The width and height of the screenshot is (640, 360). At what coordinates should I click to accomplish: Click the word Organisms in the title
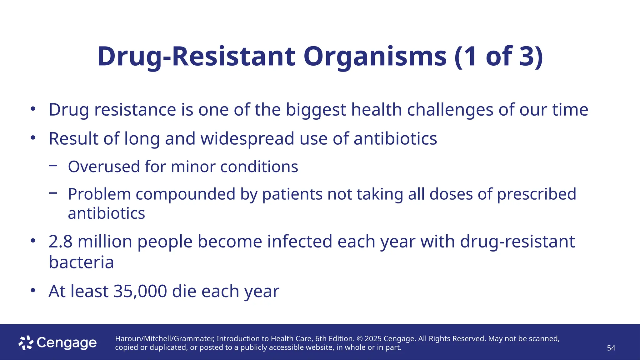pos(375,57)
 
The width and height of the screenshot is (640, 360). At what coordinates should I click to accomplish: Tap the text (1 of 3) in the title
pos(498,57)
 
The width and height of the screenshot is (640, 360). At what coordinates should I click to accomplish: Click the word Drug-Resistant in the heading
pos(196,57)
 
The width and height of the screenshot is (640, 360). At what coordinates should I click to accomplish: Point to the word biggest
pos(316,110)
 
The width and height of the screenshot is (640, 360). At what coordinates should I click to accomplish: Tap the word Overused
pos(104,167)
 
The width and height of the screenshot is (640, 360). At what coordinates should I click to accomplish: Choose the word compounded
pos(185,194)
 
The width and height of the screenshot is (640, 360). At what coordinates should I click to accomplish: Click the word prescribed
pos(536,194)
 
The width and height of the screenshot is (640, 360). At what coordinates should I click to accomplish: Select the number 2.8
pos(60,242)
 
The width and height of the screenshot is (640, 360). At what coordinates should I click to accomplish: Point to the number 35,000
pos(140,291)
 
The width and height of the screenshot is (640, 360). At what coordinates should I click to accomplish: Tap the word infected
pos(299,242)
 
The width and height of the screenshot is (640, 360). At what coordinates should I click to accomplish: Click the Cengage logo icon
pos(26,343)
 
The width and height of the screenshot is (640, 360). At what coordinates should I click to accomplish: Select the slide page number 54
pos(611,348)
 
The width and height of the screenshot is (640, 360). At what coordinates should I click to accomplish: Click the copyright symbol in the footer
pos(359,339)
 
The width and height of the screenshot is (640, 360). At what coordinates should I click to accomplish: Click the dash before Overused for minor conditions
pos(53,166)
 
